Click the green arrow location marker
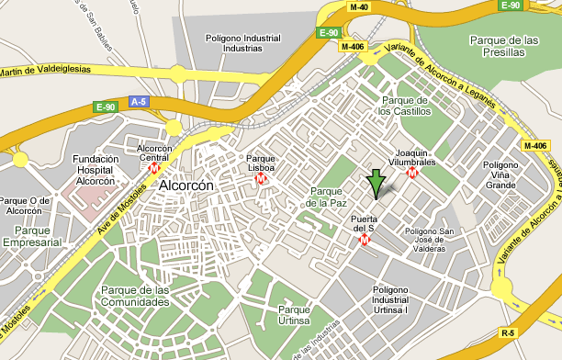[376, 184]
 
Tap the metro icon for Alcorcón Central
[154, 168]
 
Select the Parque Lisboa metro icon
[262, 178]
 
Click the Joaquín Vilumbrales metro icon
[413, 172]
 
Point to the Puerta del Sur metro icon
[365, 240]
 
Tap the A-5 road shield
[139, 101]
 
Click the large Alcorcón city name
[186, 186]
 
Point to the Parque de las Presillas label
[502, 46]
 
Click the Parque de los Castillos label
[405, 106]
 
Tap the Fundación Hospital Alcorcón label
[96, 170]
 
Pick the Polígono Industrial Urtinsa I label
[402, 300]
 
